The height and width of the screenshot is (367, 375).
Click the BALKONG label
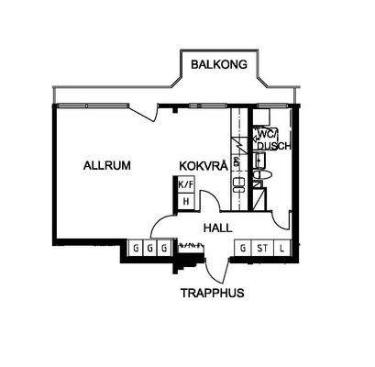click(x=219, y=64)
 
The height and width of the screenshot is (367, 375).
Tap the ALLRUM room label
click(x=107, y=165)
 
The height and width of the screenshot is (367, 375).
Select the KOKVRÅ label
click(x=204, y=165)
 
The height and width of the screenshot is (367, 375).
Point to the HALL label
click(x=217, y=228)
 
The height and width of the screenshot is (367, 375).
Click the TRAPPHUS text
click(x=213, y=293)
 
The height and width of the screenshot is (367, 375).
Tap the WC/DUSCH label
click(x=273, y=140)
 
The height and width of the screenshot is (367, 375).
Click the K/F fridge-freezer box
click(x=186, y=184)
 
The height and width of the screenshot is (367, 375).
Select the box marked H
click(x=186, y=202)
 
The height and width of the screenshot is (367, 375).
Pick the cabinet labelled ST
click(x=262, y=248)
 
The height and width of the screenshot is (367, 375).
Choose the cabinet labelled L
click(x=281, y=248)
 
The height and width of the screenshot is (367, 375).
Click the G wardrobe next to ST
click(x=243, y=248)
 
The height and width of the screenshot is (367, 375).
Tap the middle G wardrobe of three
click(x=149, y=248)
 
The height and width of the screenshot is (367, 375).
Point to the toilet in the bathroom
click(x=262, y=175)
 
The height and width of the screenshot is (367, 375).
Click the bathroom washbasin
click(x=259, y=160)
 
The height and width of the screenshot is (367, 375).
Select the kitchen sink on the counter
click(x=238, y=185)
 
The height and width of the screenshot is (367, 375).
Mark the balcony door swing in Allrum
click(x=143, y=113)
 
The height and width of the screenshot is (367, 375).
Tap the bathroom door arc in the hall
click(x=281, y=220)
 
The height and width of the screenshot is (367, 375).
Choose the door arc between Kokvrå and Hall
click(x=210, y=201)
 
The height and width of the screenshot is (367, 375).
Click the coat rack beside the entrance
click(x=191, y=245)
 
